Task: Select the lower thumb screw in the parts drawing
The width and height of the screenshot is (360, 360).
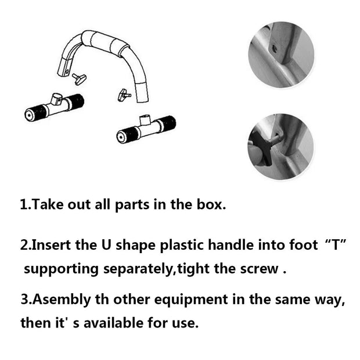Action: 123,93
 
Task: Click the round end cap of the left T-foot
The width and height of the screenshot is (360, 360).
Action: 28,114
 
